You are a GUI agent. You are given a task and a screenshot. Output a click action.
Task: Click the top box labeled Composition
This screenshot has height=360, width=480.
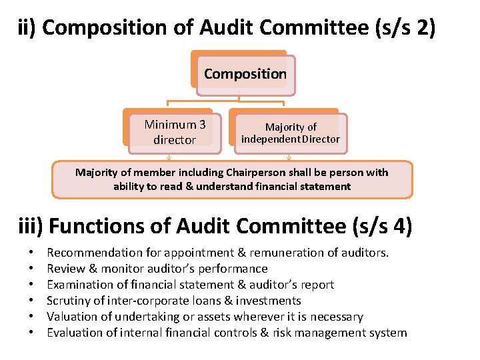click(245, 74)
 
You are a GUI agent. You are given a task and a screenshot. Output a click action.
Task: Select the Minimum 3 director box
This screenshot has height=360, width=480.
click(175, 131)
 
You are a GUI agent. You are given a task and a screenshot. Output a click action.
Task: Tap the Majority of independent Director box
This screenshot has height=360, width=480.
click(290, 133)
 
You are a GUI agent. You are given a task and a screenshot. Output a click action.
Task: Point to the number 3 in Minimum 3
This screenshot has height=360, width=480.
click(201, 125)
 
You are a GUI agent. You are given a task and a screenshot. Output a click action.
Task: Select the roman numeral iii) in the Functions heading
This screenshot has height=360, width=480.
click(31, 227)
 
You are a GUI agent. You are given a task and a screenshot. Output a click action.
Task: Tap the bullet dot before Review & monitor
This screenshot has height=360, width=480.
click(31, 269)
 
